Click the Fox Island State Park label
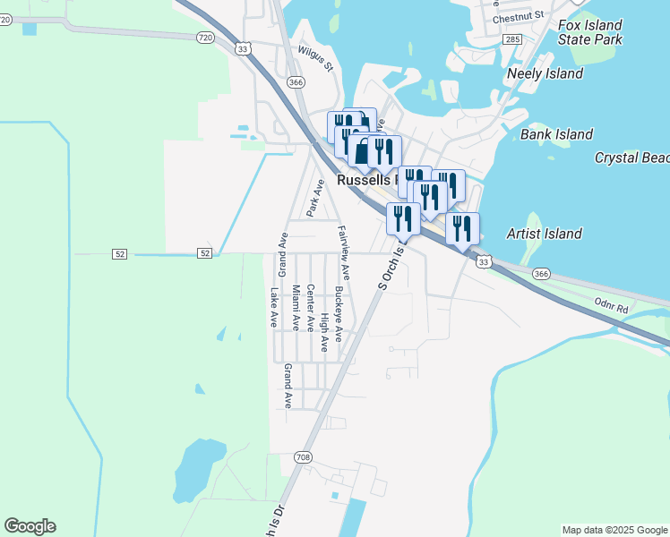pos(589,32)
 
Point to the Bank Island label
pos(556,134)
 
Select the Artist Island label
pos(544,234)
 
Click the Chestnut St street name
pos(518,15)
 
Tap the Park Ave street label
pos(314,198)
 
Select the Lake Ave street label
pos(274,307)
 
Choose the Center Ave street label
pos(310,309)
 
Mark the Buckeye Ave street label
pos(338,314)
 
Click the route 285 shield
pos(512,40)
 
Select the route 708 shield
pos(304,456)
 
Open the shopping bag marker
pos(361,152)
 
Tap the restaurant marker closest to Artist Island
pos(462,229)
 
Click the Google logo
pos(30,526)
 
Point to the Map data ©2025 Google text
pos(614,530)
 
